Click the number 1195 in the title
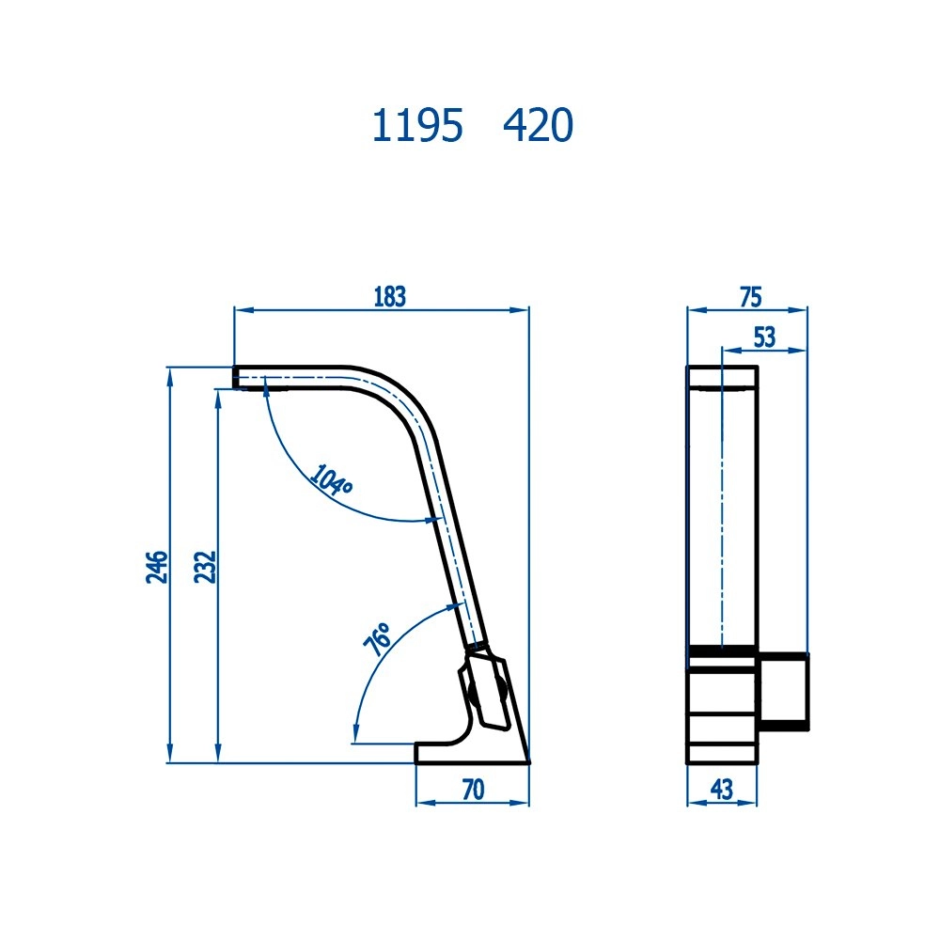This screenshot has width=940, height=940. [x=417, y=127]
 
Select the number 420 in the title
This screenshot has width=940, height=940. [x=538, y=127]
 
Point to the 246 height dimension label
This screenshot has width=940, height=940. [x=157, y=567]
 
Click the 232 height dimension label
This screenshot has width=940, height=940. [x=206, y=567]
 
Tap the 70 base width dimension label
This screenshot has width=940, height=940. [x=472, y=791]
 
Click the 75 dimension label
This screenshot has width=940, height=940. [x=749, y=297]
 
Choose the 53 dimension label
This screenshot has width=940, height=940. [x=764, y=337]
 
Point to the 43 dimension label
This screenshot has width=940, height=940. [x=721, y=791]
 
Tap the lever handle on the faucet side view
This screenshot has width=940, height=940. [x=485, y=691]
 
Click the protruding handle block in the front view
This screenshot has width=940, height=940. [x=782, y=691]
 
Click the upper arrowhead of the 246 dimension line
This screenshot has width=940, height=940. [x=169, y=375]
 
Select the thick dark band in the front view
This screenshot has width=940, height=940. [x=722, y=650]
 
